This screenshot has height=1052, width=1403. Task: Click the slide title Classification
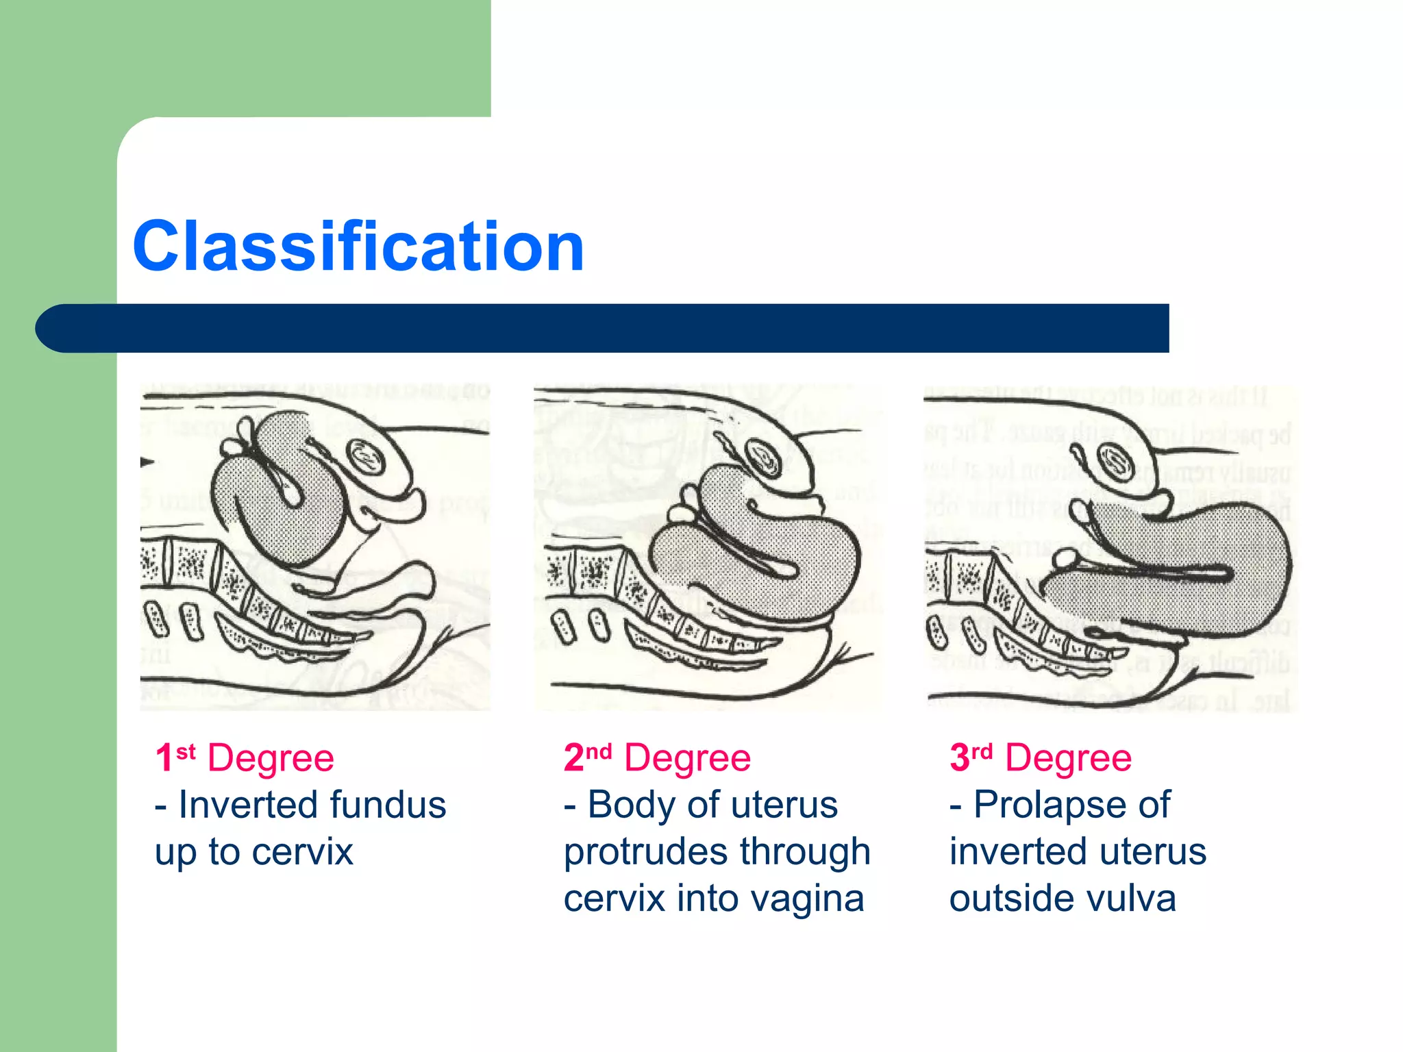tap(358, 247)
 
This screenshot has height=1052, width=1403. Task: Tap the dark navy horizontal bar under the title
tap(603, 328)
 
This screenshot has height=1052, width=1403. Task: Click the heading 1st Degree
tap(245, 758)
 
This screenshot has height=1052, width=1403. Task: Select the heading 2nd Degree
tap(657, 758)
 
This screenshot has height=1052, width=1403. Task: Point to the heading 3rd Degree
tap(1040, 758)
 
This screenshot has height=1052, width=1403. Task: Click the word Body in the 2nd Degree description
tap(632, 805)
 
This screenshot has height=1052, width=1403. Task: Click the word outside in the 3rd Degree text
tap(1006, 899)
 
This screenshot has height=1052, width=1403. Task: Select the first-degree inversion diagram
tap(315, 548)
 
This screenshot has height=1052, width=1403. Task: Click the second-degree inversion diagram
tap(709, 548)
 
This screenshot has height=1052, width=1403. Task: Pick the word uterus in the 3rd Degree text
tap(1152, 852)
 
